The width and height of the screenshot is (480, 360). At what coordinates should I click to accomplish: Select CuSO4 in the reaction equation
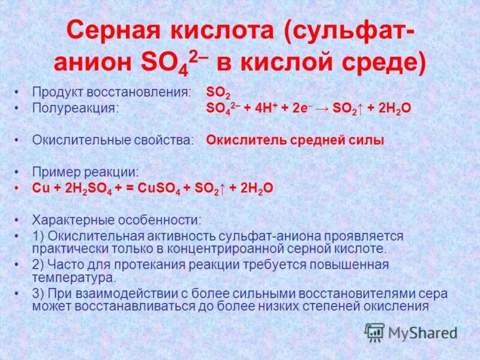tap(158, 188)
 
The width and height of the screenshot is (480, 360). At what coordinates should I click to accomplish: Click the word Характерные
tap(75, 220)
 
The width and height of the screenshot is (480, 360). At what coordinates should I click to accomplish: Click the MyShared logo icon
tap(374, 331)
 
